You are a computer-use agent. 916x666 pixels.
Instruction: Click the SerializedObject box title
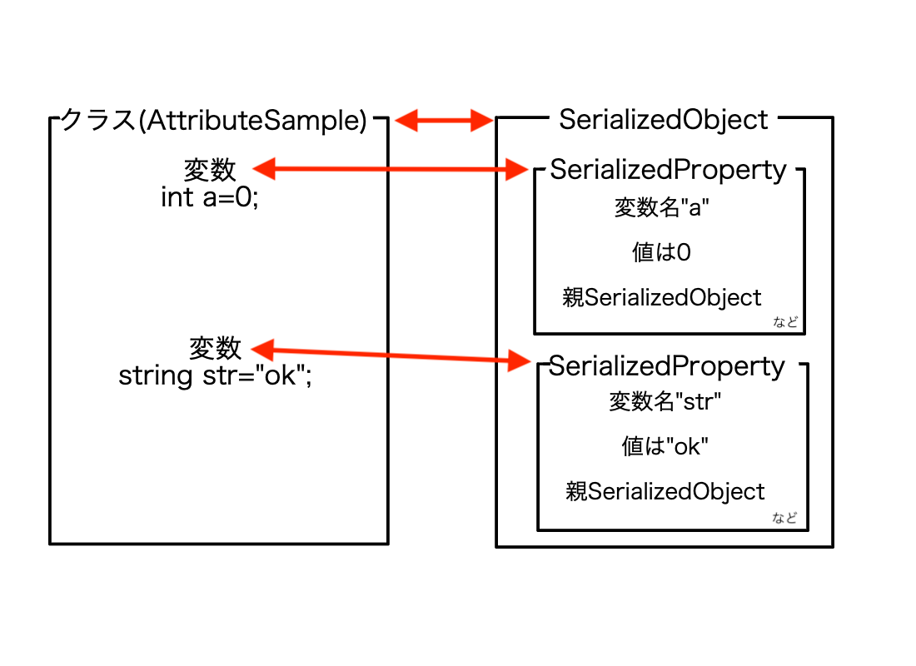coord(664,120)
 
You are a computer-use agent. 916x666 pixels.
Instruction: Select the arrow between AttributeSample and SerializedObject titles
coord(444,121)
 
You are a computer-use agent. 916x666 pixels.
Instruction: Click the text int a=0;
coord(210,198)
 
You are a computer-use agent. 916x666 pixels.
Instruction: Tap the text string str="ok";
coord(216,375)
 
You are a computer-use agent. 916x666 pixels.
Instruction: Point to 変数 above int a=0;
coord(210,171)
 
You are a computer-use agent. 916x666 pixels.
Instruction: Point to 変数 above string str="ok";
coord(216,347)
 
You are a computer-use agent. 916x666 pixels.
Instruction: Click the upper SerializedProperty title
coord(668,170)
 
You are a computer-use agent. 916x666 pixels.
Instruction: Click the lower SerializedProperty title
coord(667,366)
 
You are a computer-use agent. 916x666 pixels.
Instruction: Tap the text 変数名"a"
coord(662,208)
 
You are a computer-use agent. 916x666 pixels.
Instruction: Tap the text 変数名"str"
coord(665,404)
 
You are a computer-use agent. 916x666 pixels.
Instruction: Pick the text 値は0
coord(662,253)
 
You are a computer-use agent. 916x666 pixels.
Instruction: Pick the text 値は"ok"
coord(665,447)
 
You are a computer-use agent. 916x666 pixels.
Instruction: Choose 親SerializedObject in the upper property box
coord(662,298)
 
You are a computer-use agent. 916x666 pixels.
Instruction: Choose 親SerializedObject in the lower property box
coord(665,491)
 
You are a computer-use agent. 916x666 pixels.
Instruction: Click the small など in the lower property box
coord(784,518)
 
